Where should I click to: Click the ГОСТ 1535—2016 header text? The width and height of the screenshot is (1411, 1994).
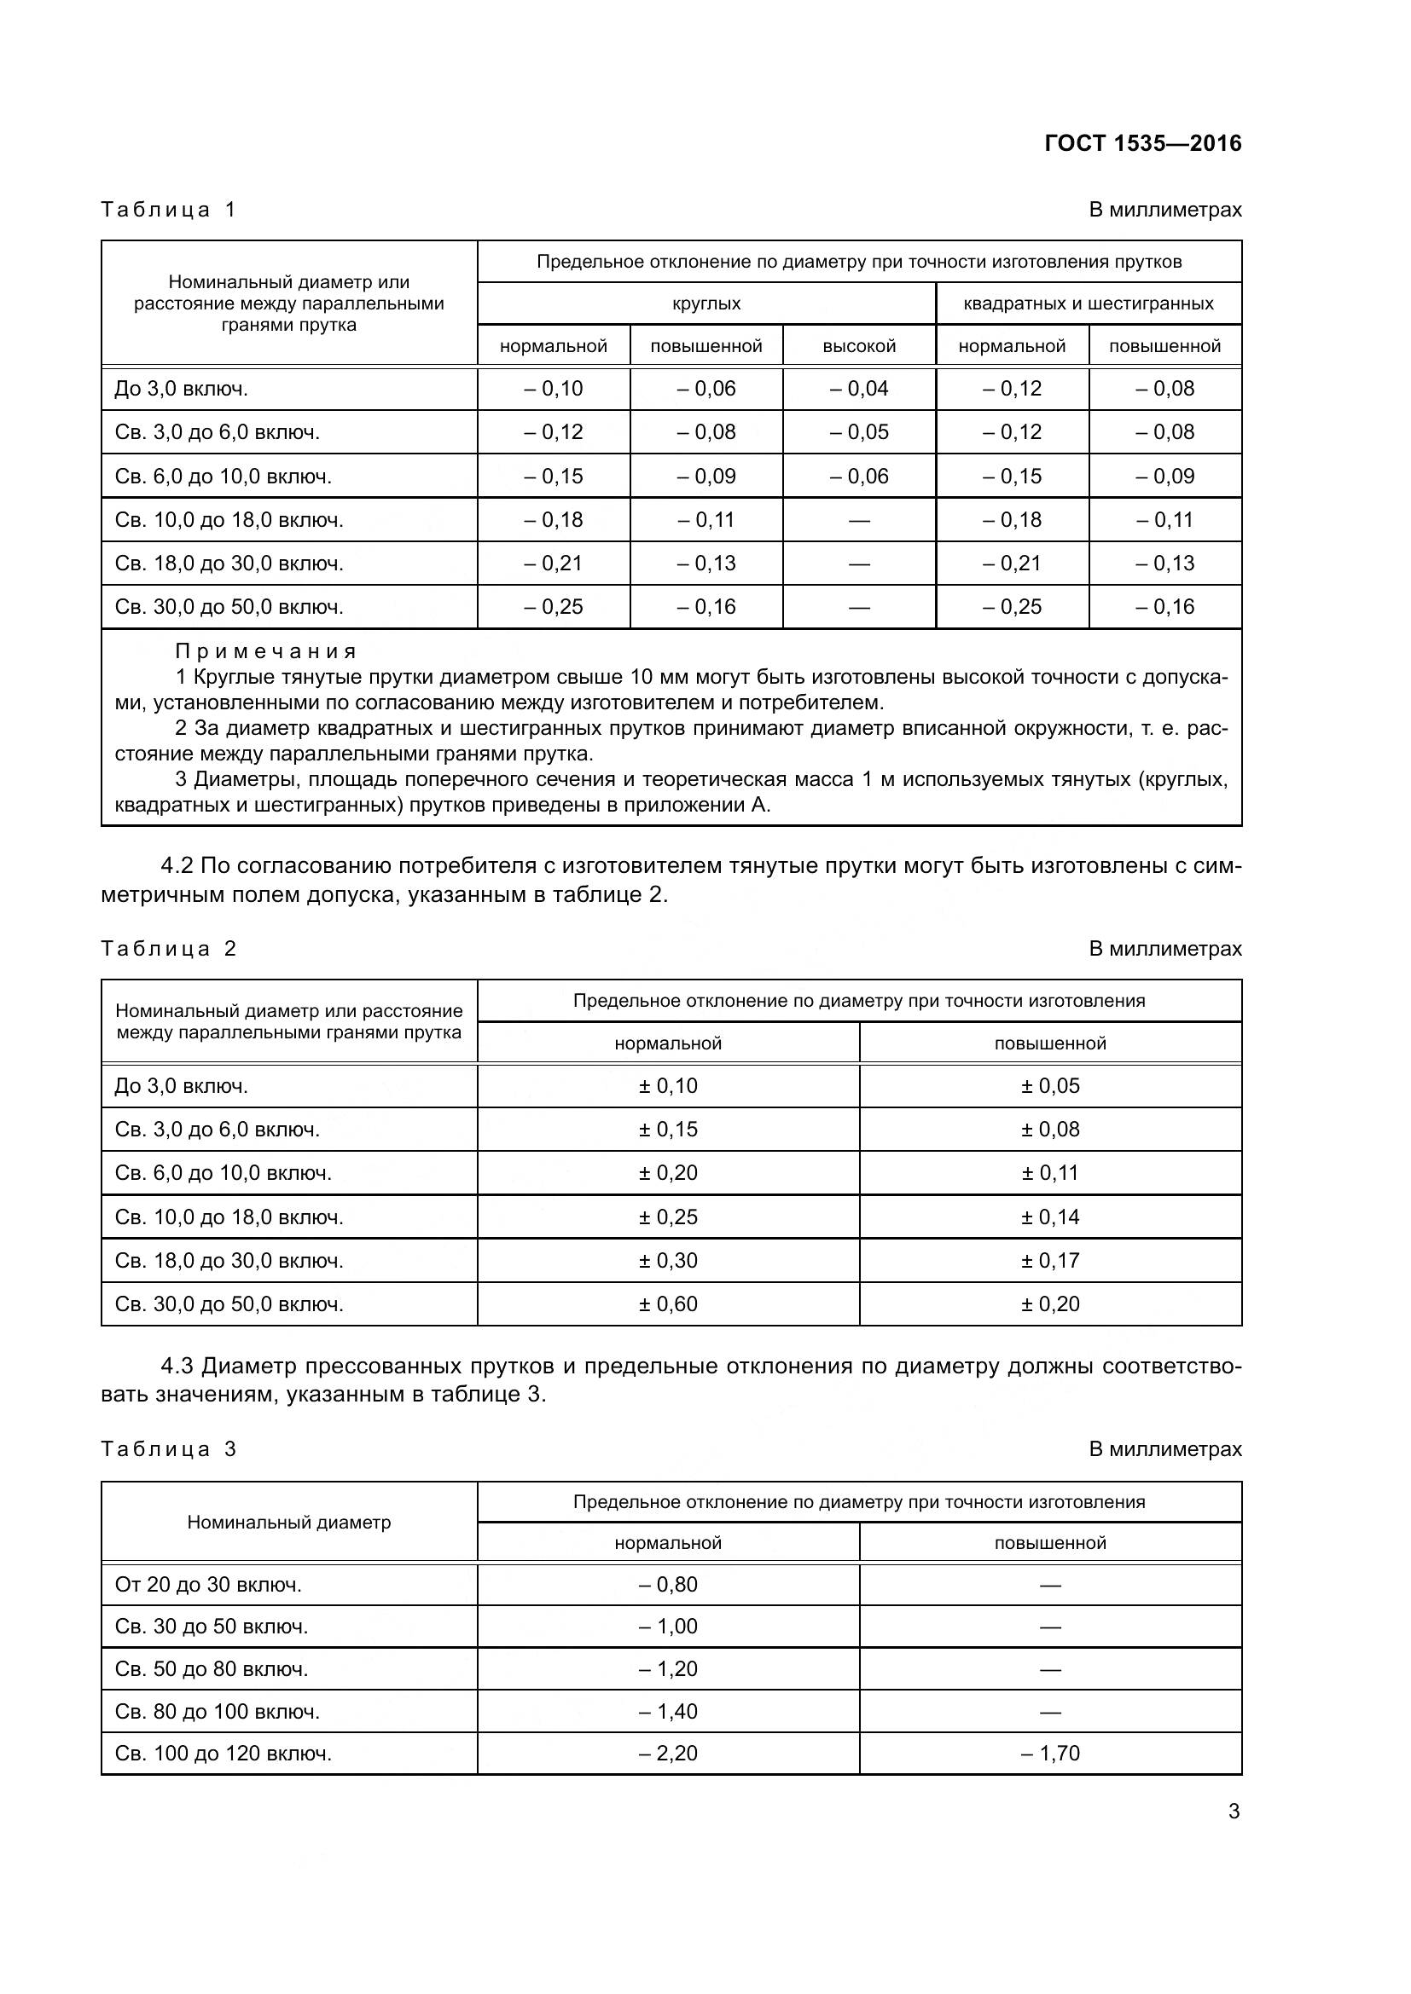[x=1142, y=143]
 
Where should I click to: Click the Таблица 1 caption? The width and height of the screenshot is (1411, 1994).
[x=169, y=210]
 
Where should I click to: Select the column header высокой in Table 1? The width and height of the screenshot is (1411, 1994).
[x=858, y=345]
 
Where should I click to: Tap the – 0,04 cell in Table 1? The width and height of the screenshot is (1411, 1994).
[x=858, y=388]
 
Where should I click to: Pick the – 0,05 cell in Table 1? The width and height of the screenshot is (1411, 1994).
[x=858, y=431]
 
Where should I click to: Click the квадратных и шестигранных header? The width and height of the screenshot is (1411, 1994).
[x=1088, y=303]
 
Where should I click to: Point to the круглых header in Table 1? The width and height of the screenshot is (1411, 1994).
[x=705, y=303]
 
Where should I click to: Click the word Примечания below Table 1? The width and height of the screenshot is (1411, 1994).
[x=266, y=650]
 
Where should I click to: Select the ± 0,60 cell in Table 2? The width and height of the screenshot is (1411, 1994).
[x=667, y=1303]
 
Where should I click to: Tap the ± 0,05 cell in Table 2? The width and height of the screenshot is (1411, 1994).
[x=1049, y=1085]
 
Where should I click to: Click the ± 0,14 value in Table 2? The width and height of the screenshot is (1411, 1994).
[x=1049, y=1217]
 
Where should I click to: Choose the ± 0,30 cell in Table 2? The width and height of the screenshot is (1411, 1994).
[x=667, y=1260]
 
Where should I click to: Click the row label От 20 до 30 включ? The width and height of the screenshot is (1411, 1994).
[x=208, y=1584]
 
